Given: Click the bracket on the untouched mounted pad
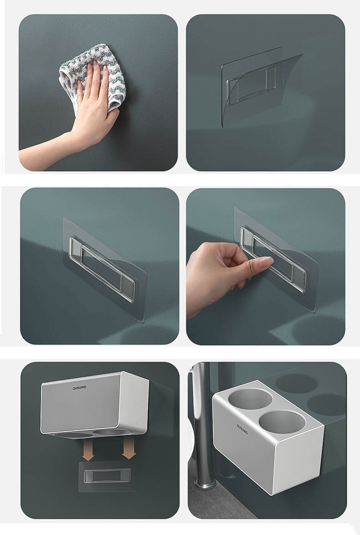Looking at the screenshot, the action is point(103,269).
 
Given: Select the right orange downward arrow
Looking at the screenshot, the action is point(129,448).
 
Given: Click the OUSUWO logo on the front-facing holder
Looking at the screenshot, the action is point(79,388).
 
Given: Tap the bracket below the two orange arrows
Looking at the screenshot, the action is point(107,476).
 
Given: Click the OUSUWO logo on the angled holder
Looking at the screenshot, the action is point(242,429).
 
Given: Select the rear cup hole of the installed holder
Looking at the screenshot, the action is point(250,399).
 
